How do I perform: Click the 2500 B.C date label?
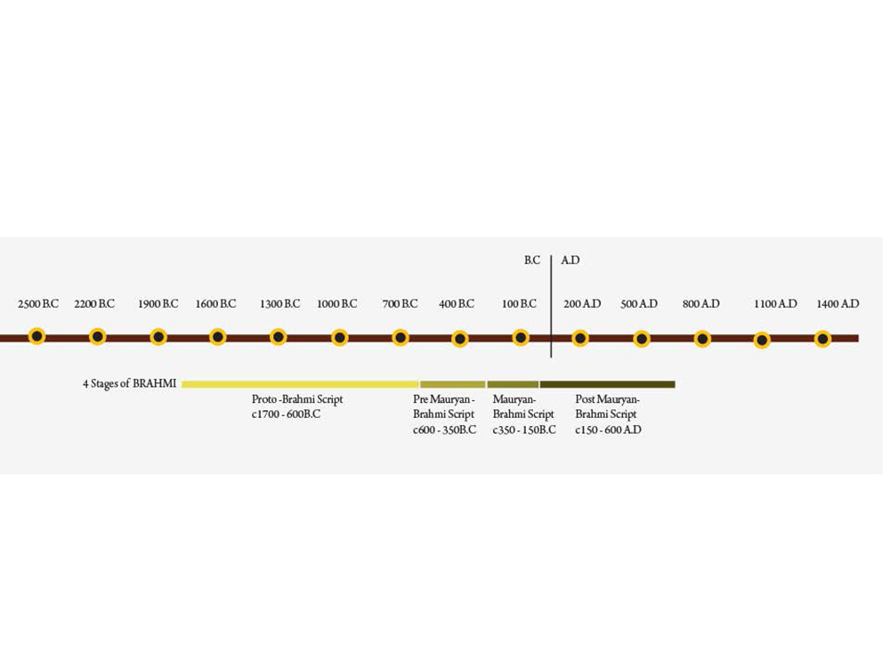pyautogui.click(x=38, y=304)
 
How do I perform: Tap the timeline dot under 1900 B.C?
pyautogui.click(x=158, y=337)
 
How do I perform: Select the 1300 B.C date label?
pyautogui.click(x=279, y=304)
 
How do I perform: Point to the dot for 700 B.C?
pyautogui.click(x=400, y=337)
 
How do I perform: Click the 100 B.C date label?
pyautogui.click(x=519, y=304)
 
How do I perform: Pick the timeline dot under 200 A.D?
pyautogui.click(x=580, y=338)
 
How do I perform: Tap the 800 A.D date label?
pyautogui.click(x=701, y=304)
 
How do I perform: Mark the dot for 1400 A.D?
pyautogui.click(x=822, y=339)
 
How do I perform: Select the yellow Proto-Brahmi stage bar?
pyautogui.click(x=300, y=384)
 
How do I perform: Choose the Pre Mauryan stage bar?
pyautogui.click(x=452, y=384)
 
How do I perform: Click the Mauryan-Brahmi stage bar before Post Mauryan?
pyautogui.click(x=513, y=384)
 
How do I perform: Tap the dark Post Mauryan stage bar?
pyautogui.click(x=607, y=384)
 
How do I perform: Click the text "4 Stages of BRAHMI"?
pyautogui.click(x=130, y=384)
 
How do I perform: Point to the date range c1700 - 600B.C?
pyautogui.click(x=286, y=414)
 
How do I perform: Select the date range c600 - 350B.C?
pyautogui.click(x=444, y=430)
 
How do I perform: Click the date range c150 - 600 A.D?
pyautogui.click(x=608, y=430)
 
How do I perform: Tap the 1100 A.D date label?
pyautogui.click(x=775, y=304)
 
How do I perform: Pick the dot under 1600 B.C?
pyautogui.click(x=218, y=337)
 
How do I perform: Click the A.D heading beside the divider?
pyautogui.click(x=570, y=261)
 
